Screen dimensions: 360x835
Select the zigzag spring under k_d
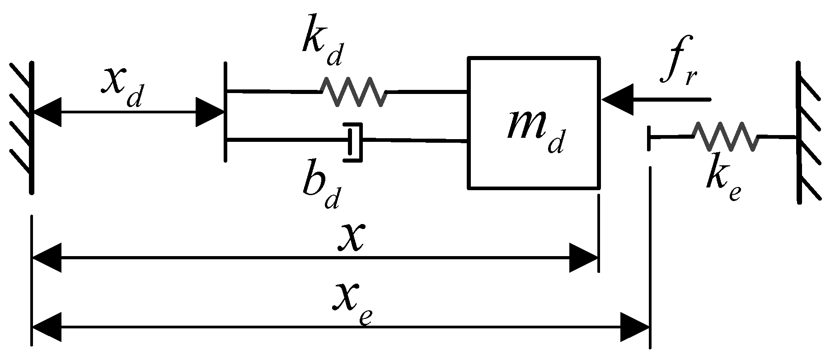pos(354,92)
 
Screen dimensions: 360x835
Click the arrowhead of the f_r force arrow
pos(616,99)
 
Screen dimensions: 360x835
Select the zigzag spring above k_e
pos(725,136)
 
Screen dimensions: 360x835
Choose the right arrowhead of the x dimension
pos(584,258)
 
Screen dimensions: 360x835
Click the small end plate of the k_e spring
pos(649,138)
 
